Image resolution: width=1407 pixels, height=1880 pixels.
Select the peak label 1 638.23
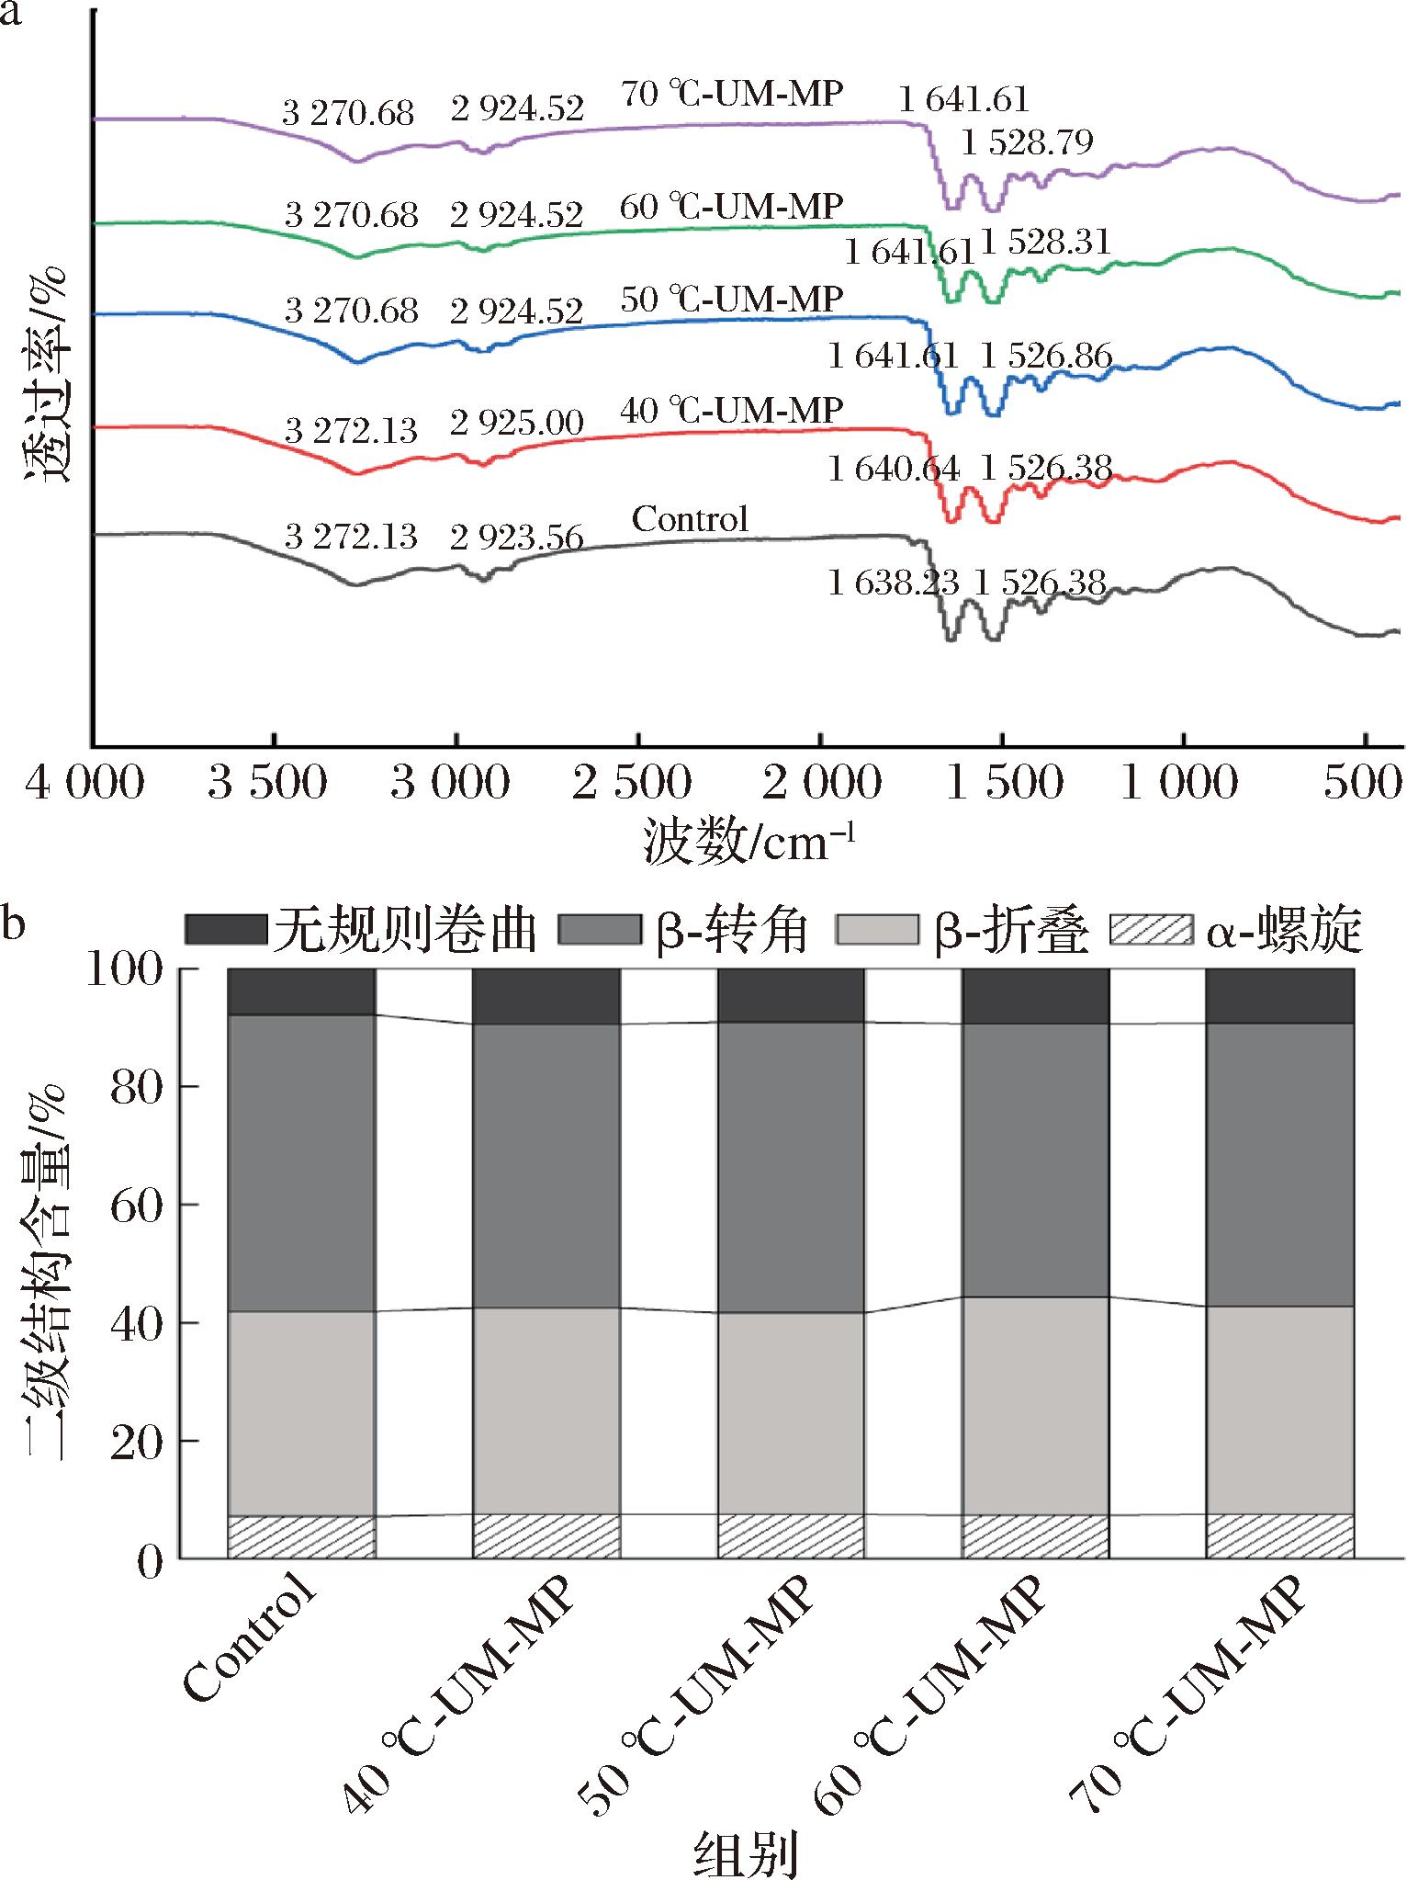coord(894,582)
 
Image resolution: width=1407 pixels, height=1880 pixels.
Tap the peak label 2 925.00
coord(517,423)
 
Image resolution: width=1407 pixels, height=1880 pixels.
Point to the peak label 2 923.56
coord(517,537)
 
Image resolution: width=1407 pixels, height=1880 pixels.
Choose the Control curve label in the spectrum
coord(691,520)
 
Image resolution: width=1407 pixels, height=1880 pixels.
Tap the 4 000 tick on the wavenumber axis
coord(85,784)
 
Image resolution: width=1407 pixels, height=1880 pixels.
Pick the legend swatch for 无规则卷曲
coord(224,929)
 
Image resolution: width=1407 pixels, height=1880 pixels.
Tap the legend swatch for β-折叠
coord(877,929)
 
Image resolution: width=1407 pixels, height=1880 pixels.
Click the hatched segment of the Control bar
coord(301,1536)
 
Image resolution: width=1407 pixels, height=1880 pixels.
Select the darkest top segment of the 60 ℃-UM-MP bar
coord(1035,995)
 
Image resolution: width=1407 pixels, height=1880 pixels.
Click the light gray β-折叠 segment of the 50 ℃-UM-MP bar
coord(791,1412)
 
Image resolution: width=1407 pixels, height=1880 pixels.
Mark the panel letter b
coord(13,923)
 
